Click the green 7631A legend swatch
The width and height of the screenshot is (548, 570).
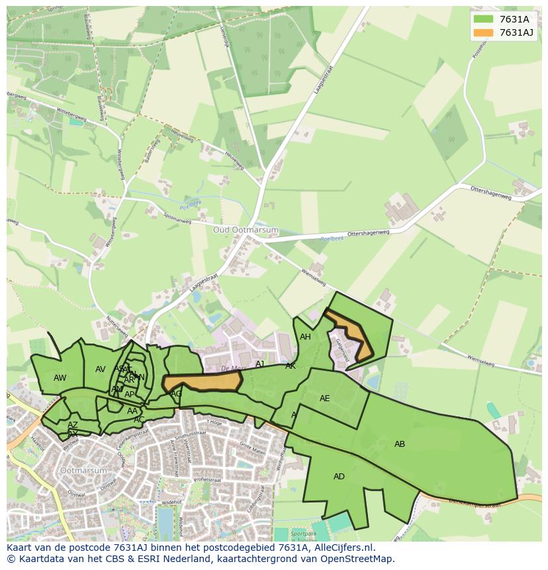coord(484,19)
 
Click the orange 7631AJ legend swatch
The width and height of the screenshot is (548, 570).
coord(484,32)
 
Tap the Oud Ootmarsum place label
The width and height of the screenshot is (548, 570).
coord(246,230)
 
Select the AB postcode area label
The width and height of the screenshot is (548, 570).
coord(400,444)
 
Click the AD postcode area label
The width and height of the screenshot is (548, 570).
coord(339,477)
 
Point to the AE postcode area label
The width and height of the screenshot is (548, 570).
coord(324,399)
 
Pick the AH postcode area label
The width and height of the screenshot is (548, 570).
coord(305,337)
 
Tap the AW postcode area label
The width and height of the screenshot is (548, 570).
coord(60,378)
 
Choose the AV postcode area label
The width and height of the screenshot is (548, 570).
coord(101,369)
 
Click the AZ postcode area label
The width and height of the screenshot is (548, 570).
coord(73,425)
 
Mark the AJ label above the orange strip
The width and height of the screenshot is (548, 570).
coord(260,364)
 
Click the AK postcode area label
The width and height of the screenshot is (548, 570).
coord(291,366)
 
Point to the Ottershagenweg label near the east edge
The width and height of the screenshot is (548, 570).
coord(490,193)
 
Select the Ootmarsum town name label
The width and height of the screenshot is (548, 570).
coord(83,470)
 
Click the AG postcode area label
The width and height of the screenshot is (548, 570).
coord(176,394)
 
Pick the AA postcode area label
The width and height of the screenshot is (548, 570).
coord(132,411)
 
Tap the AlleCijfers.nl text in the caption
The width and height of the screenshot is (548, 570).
coord(342,547)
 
